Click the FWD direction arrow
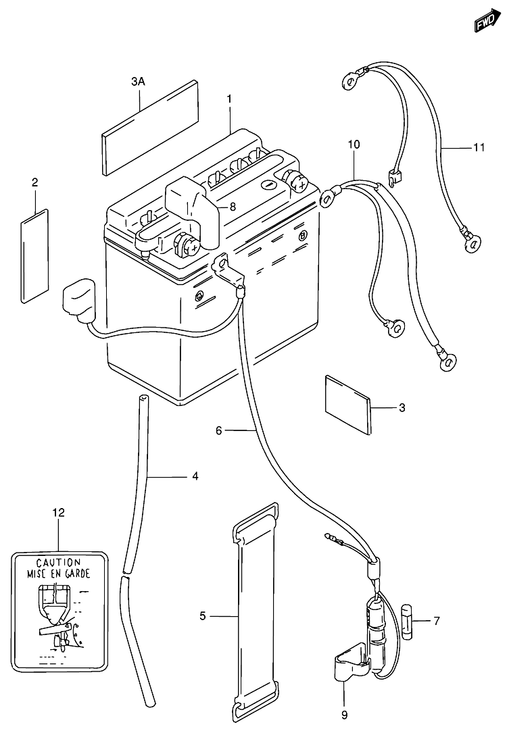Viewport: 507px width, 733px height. tap(487, 20)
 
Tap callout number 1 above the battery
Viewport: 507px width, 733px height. tap(229, 99)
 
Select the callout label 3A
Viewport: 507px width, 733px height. tap(138, 82)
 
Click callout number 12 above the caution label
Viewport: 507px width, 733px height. tap(58, 513)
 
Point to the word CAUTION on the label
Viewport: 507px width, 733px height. tap(58, 563)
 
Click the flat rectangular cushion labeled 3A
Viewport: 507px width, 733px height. tap(150, 128)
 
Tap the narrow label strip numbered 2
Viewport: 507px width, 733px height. tap(34, 256)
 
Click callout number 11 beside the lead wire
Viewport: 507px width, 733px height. tap(479, 148)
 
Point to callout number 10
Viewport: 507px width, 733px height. tap(354, 145)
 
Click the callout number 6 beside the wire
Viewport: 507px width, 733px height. tap(219, 430)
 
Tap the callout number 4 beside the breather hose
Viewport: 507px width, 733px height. tap(195, 476)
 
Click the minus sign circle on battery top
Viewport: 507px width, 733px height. tap(268, 184)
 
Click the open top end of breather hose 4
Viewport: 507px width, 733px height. tap(143, 399)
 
